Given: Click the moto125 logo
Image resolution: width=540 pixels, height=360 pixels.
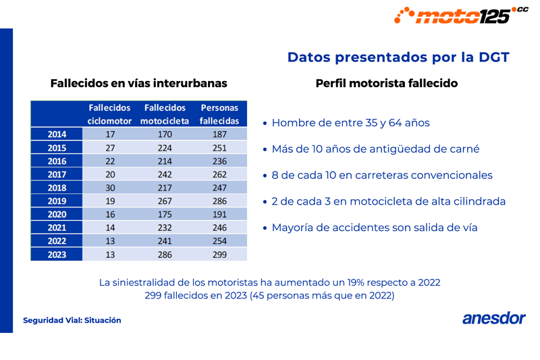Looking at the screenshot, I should click(461, 15).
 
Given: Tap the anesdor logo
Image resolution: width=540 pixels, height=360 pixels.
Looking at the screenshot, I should click(493, 319).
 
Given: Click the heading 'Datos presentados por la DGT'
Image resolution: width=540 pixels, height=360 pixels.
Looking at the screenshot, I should click(398, 57).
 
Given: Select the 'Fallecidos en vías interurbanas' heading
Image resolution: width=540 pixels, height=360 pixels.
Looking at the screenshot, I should click(138, 84).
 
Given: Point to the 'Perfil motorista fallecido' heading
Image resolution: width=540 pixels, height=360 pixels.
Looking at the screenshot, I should click(387, 84).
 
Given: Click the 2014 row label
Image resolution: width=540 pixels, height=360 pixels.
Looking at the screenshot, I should click(57, 134).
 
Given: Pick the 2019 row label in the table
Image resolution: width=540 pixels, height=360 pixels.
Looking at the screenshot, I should click(57, 201).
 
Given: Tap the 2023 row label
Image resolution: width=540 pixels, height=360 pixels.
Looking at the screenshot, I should click(57, 254).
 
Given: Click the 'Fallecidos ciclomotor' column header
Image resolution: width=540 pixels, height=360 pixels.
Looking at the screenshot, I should click(109, 114).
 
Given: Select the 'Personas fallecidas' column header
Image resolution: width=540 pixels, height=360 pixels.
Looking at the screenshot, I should click(219, 114).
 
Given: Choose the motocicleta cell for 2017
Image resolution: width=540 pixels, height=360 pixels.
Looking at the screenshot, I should click(165, 174).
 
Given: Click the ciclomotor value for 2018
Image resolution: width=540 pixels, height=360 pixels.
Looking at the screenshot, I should click(110, 188).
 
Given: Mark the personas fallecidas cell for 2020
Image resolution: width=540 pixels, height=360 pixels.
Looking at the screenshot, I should click(219, 214).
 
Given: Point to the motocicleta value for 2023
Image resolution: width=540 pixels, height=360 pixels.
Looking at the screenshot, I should click(165, 254).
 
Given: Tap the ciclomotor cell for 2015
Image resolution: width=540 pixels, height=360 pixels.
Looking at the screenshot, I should click(110, 148).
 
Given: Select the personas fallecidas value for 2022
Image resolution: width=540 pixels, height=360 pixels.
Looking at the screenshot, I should click(219, 241).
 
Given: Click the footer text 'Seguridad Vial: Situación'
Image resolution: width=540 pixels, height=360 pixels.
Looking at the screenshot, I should click(72, 320).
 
